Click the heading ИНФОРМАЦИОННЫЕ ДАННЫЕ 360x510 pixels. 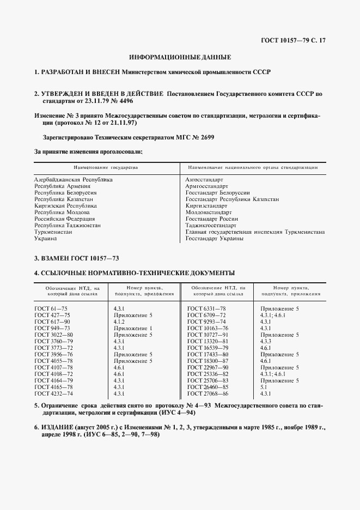pos(180,57)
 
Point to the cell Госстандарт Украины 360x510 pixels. pos(215,238)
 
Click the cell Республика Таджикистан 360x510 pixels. pos(68,225)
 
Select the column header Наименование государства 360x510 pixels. pos(106,167)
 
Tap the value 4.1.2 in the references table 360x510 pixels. pos(119,322)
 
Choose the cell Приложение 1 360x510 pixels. pos(133,329)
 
